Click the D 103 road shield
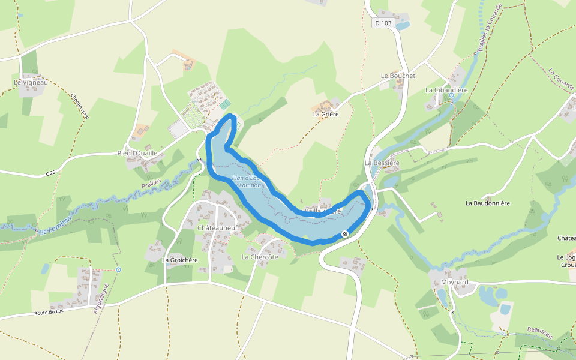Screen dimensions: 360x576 (x=382, y=23)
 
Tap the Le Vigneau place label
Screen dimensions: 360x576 (x=31, y=82)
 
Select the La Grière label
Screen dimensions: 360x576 (x=326, y=113)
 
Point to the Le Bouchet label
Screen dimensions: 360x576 (x=398, y=76)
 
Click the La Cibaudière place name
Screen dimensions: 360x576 (x=446, y=90)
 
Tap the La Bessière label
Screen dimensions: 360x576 (x=382, y=163)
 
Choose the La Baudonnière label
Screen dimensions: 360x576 (x=487, y=203)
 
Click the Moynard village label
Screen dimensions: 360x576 (x=453, y=282)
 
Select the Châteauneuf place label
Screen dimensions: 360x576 (x=217, y=228)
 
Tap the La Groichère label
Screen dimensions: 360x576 (x=180, y=260)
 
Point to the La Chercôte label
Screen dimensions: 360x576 (x=260, y=257)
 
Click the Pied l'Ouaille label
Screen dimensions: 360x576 (x=137, y=153)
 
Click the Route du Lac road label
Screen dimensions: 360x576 (x=49, y=313)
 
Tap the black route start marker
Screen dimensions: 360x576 (x=345, y=234)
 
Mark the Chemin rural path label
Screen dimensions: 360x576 (x=80, y=106)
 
